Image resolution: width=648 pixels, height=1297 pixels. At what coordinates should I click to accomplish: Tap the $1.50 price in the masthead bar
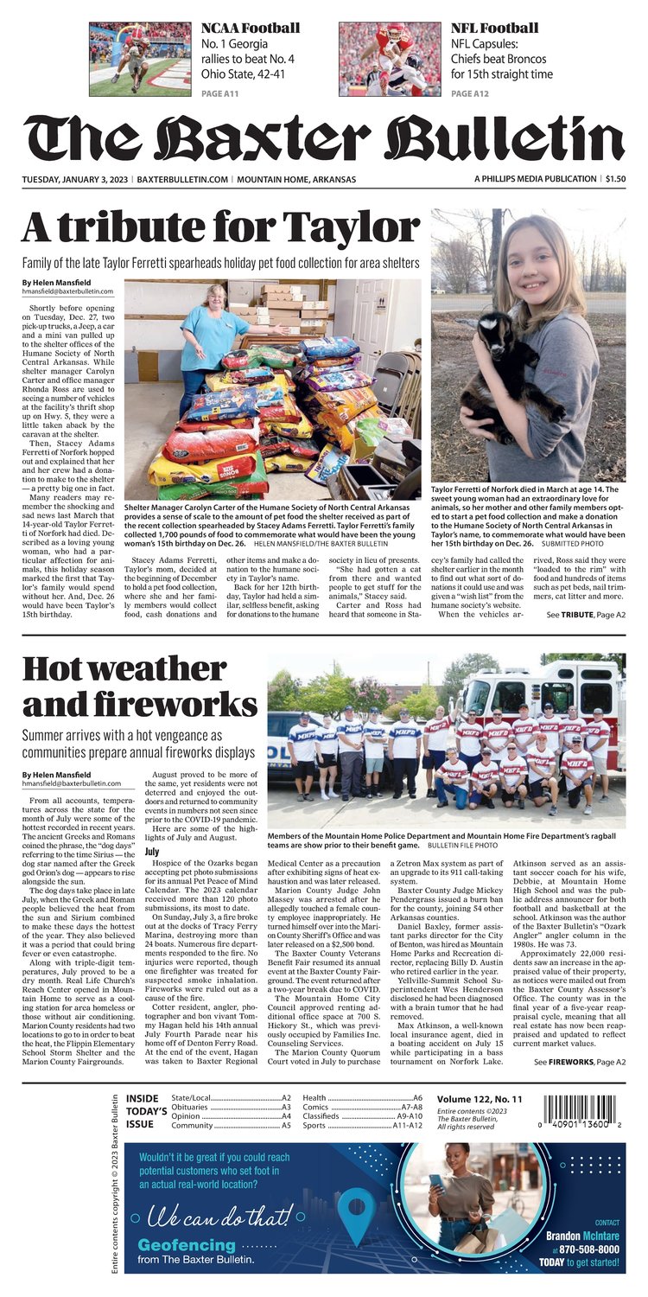615,179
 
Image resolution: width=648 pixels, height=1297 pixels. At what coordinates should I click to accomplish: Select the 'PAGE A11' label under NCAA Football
220,93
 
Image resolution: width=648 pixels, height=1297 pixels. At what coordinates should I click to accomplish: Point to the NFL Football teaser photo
390,59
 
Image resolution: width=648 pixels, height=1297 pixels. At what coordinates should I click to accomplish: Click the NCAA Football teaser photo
140,59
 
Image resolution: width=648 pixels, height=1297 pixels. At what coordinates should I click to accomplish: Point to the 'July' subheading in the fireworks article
151,852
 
